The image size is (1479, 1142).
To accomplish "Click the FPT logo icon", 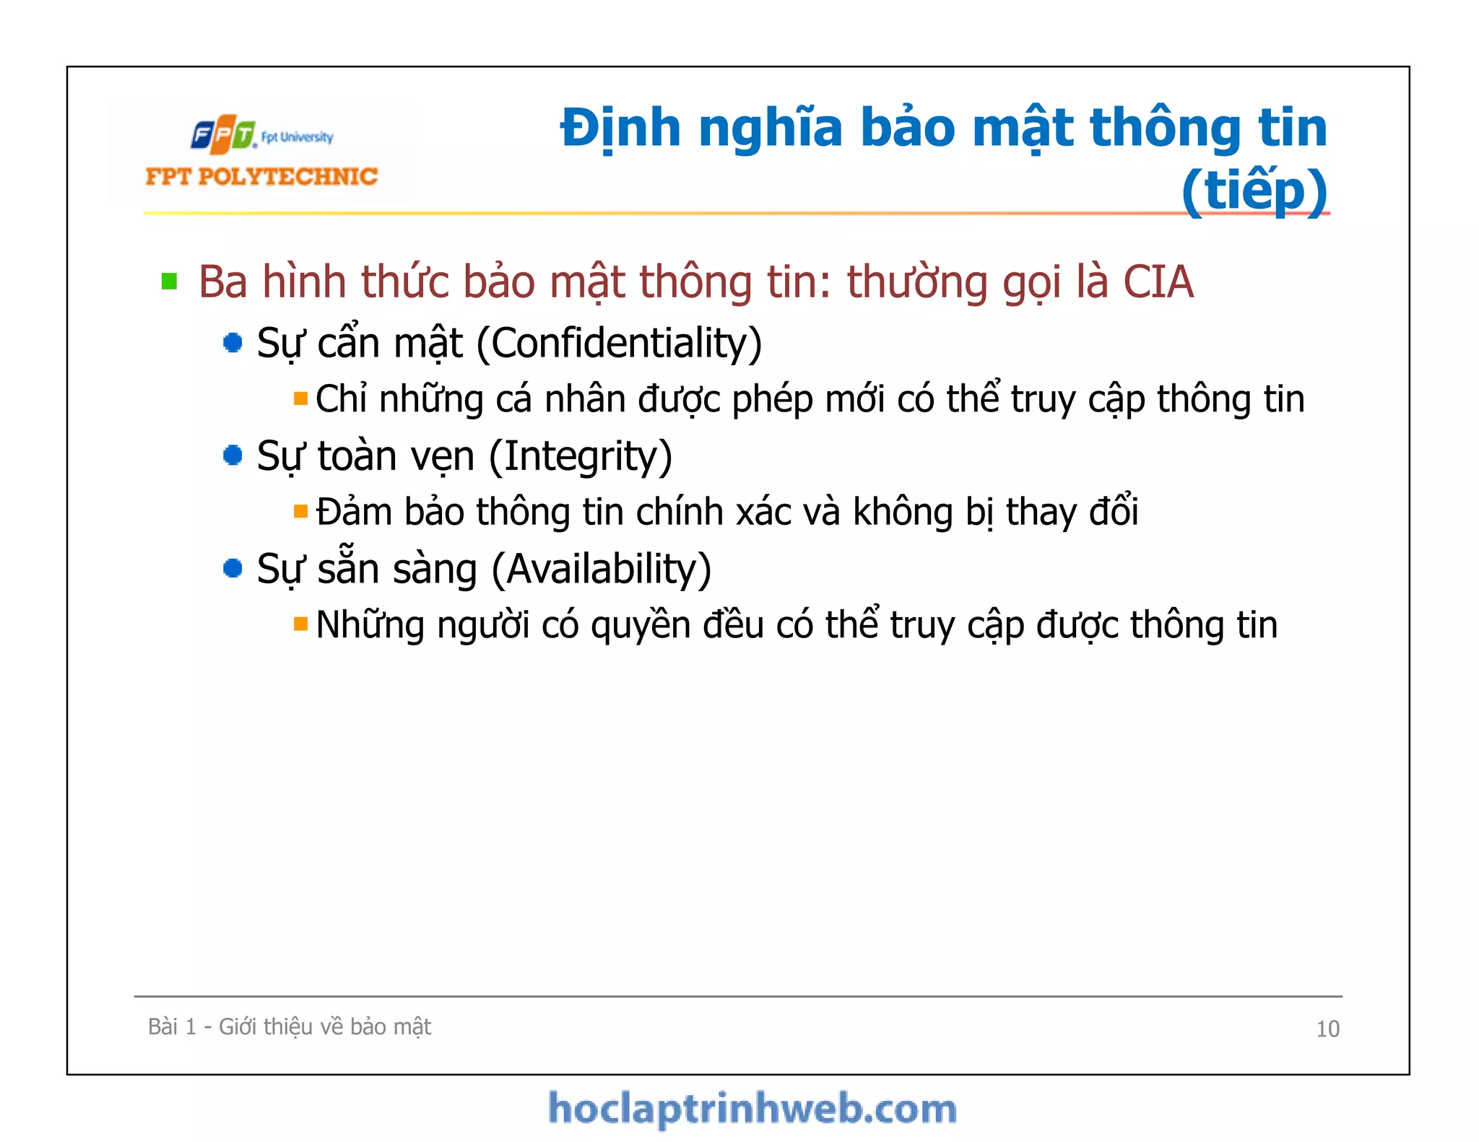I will [223, 134].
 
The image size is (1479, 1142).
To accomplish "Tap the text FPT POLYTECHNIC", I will [261, 176].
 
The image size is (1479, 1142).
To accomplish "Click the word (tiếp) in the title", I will [1255, 191].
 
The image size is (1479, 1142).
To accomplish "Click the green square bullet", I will [170, 281].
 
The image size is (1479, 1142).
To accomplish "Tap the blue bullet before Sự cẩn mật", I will [233, 342].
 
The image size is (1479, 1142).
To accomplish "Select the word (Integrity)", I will [581, 456].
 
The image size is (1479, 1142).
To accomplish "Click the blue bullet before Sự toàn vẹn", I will [233, 456].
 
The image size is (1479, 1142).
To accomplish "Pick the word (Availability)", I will [602, 569].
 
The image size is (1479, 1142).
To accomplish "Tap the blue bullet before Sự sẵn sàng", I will [233, 568].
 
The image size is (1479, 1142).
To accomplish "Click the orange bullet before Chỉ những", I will [300, 398].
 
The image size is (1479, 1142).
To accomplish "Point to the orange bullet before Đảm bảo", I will [300, 512].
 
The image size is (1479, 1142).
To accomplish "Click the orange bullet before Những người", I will [300, 624].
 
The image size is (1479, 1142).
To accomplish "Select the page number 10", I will [1327, 1029].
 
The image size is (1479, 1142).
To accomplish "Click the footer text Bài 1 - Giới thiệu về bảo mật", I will [289, 1027].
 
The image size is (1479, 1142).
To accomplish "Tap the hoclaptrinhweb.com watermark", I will [752, 1110].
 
